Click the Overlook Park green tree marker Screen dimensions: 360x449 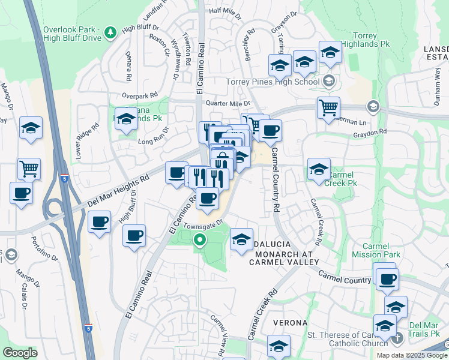pos(110,32)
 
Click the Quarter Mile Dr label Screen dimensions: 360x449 pos(227,103)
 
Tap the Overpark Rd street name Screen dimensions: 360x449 pos(139,95)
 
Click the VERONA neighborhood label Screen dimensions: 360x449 pos(291,323)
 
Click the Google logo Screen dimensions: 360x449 pos(20,352)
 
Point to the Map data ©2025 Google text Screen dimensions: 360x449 pos(412,355)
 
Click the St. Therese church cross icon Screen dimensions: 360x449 pos(397,340)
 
